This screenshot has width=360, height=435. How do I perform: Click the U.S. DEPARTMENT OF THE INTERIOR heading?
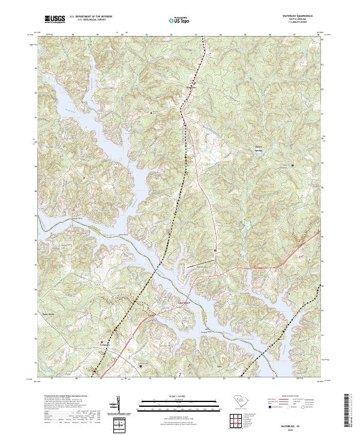tap(91, 17)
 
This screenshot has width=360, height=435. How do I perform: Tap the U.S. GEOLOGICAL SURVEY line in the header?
tap(91, 20)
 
